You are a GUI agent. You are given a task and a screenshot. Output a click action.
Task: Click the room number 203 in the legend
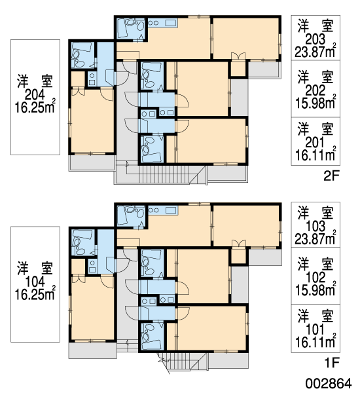(315, 39)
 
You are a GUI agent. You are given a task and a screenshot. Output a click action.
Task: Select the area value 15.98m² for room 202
(315, 102)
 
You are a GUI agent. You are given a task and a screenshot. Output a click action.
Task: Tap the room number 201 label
(315, 143)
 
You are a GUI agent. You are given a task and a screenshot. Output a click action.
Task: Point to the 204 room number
(35, 95)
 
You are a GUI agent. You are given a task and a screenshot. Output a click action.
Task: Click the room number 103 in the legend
(315, 227)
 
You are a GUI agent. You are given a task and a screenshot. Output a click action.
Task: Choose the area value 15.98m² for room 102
(315, 290)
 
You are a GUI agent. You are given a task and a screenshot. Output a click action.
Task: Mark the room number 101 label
(315, 329)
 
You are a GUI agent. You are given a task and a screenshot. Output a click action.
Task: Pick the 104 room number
(35, 282)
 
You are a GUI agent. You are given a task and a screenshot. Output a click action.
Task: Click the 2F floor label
(331, 176)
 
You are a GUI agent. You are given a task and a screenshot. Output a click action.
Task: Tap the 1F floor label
(332, 363)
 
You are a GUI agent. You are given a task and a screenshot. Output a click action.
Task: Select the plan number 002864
(329, 383)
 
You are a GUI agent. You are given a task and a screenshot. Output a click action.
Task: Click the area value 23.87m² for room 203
(315, 51)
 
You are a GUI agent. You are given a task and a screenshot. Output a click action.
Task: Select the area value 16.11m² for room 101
(315, 341)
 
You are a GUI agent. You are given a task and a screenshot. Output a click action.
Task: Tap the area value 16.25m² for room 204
(35, 107)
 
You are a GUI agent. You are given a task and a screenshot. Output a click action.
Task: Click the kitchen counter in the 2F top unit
(163, 22)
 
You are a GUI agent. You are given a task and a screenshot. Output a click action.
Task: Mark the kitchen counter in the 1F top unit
(163, 210)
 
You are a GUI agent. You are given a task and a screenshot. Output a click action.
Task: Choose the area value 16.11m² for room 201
(315, 154)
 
